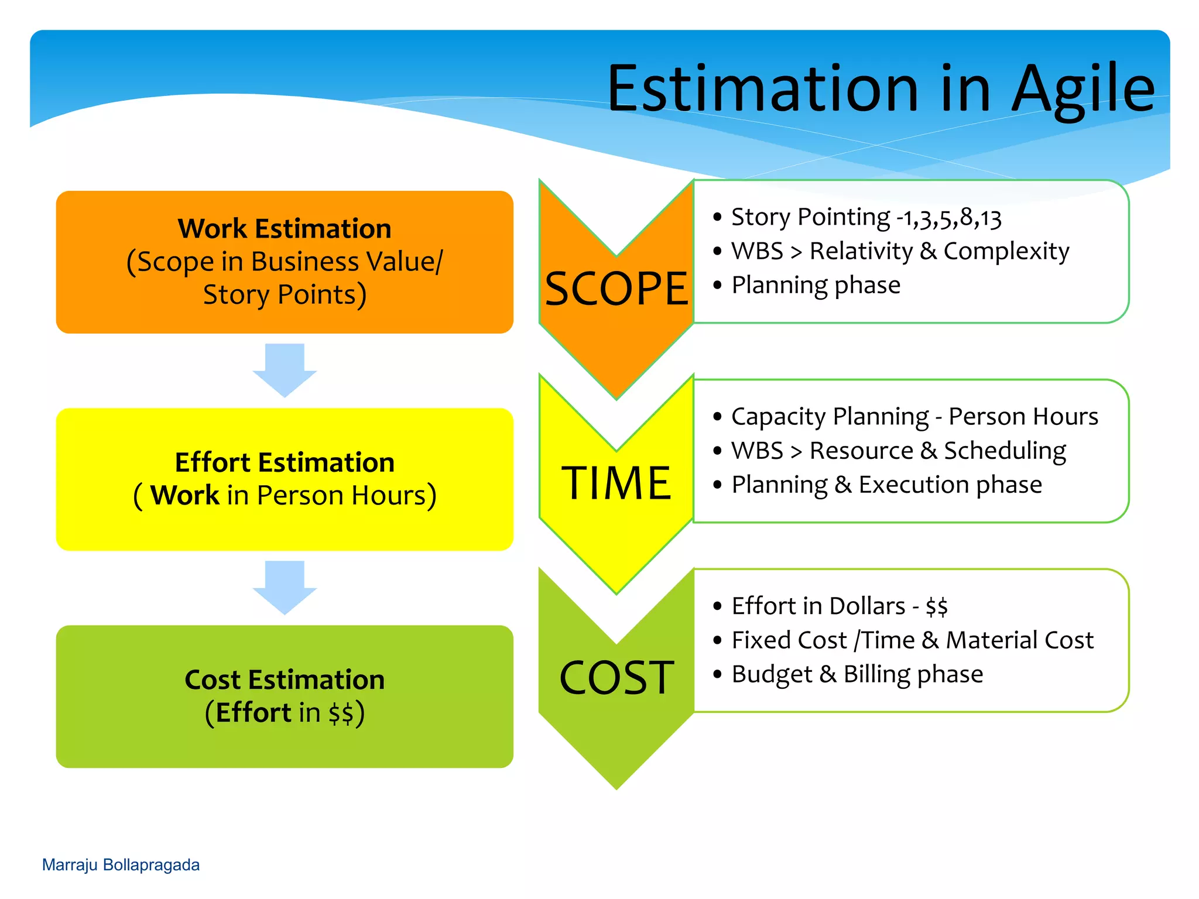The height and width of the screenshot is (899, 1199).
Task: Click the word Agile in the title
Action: pos(1082,89)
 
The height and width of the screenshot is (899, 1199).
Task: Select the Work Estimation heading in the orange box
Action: pos(285,228)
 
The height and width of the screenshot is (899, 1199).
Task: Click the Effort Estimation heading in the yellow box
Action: pos(285,462)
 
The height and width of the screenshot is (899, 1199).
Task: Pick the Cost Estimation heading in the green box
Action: pos(285,680)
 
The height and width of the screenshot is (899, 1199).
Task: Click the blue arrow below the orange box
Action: pos(285,369)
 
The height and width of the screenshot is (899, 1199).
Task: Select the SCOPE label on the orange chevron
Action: pos(616,289)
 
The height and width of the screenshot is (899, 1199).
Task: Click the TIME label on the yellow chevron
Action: pos(616,483)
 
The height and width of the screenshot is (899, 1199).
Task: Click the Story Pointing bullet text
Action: pos(866,218)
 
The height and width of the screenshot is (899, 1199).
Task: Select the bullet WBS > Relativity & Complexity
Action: pos(900,252)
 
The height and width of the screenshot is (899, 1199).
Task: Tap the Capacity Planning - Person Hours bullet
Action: pos(914,417)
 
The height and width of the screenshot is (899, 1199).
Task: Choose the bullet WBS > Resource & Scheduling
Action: pos(899,451)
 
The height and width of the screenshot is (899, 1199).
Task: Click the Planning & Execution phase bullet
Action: pos(886,485)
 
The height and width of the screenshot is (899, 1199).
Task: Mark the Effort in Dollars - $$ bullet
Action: pos(839,606)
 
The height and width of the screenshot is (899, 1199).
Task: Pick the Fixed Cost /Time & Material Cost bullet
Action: pos(912,640)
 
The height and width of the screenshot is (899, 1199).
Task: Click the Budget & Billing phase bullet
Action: pos(857,674)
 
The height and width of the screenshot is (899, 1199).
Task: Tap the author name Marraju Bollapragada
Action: pos(121,865)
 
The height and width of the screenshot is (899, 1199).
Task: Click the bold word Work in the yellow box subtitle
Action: pos(184,495)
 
